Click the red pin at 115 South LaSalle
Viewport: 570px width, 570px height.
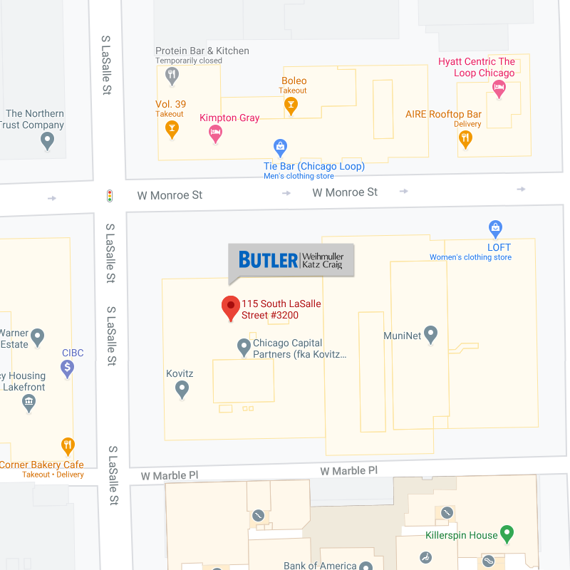(x=231, y=307)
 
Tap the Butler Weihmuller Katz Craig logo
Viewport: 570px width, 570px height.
(x=291, y=260)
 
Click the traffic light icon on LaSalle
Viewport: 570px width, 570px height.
(x=110, y=195)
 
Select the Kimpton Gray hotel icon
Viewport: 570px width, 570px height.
(x=215, y=133)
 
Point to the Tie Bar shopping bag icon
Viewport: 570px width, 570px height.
(x=281, y=147)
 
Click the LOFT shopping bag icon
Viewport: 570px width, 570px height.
(x=496, y=229)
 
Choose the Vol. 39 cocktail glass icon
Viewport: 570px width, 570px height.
(x=171, y=128)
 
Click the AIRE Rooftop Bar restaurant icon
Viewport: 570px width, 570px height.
(x=465, y=138)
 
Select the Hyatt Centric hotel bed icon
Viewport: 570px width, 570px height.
(x=499, y=89)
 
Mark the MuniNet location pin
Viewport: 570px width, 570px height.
(x=430, y=333)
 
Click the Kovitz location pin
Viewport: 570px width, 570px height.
(x=182, y=388)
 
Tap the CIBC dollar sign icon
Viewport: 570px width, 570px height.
(x=68, y=368)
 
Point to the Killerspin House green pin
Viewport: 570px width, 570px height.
(x=507, y=533)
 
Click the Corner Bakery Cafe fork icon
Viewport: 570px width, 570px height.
(x=68, y=446)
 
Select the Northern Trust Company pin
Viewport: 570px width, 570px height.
(x=48, y=140)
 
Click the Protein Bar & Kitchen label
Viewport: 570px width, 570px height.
(x=202, y=51)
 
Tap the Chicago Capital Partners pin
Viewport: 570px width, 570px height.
(x=244, y=347)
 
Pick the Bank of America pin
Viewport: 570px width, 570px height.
(x=366, y=566)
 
